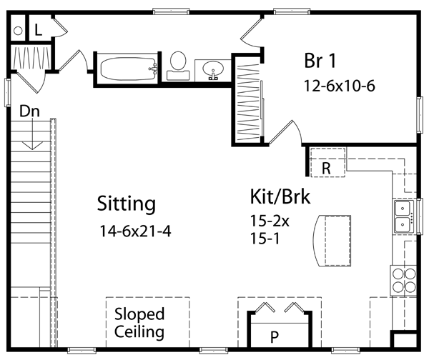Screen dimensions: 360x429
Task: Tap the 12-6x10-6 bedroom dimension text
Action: coord(340,86)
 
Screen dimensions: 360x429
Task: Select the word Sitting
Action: coord(127,204)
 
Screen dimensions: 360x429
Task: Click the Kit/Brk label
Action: coord(280,196)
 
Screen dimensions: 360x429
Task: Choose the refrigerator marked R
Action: coord(326,167)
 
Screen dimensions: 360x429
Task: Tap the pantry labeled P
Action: coord(274,335)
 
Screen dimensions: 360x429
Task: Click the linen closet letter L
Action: coord(38,30)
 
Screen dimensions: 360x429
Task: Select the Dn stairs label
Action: coord(29,111)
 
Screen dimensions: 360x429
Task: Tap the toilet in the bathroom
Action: coord(178,65)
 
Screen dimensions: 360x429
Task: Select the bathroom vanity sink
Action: coord(212,70)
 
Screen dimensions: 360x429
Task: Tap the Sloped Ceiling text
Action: coord(139,323)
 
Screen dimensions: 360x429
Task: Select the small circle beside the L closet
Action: coord(19,31)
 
